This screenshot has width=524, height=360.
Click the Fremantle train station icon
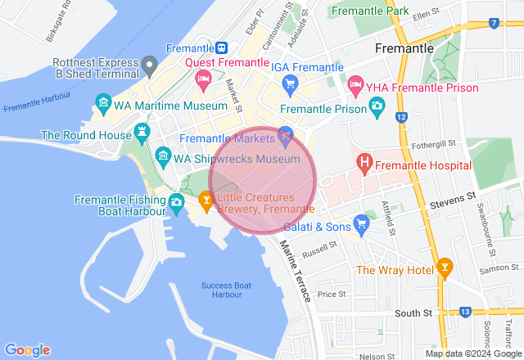(x=221, y=47)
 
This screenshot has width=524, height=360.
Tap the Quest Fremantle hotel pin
(x=203, y=79)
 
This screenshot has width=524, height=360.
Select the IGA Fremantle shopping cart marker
(x=289, y=83)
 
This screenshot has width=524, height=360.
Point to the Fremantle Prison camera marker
(x=376, y=107)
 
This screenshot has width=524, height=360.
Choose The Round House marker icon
(x=144, y=132)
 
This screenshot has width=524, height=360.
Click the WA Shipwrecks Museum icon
(x=162, y=155)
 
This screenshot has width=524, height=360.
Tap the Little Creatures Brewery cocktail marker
(x=207, y=199)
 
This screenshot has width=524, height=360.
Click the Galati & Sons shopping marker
(x=361, y=223)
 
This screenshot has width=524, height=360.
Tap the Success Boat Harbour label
(x=226, y=290)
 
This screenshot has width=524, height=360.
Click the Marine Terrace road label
(x=296, y=271)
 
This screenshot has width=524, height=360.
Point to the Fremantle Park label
(x=368, y=11)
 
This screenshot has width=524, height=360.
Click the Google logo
(x=26, y=349)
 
